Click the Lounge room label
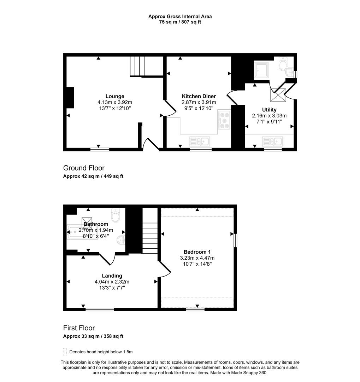(115, 96)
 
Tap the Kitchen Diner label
(199, 96)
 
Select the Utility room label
(269, 110)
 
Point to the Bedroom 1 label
(197, 252)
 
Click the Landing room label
(112, 276)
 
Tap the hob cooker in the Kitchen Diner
(224, 120)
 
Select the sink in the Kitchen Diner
(200, 141)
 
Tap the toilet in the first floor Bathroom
(116, 215)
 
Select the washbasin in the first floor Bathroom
(121, 240)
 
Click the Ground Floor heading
(84, 168)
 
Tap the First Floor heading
(79, 328)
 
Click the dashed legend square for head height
(65, 352)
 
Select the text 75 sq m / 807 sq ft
(180, 22)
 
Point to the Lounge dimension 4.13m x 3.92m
(115, 102)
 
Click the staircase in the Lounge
(138, 66)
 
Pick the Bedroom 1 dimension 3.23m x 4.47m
(197, 258)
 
